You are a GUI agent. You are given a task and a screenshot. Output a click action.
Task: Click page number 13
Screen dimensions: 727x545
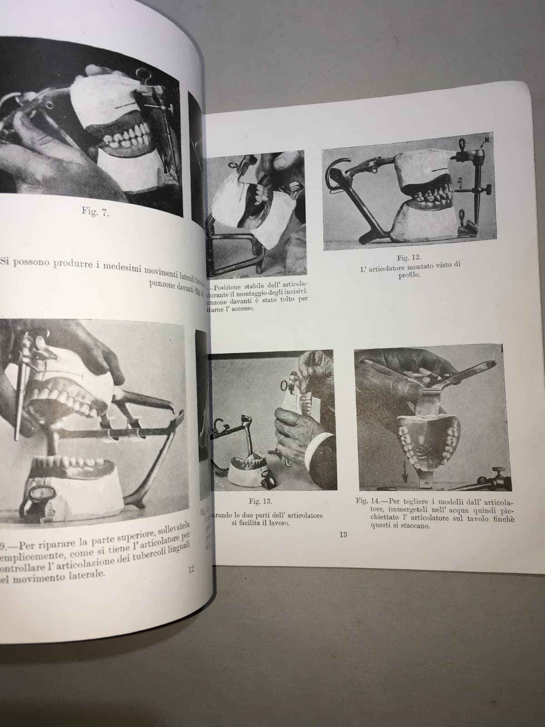pos(343,535)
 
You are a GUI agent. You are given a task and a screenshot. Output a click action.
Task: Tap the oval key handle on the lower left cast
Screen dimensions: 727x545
pos(41,494)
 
